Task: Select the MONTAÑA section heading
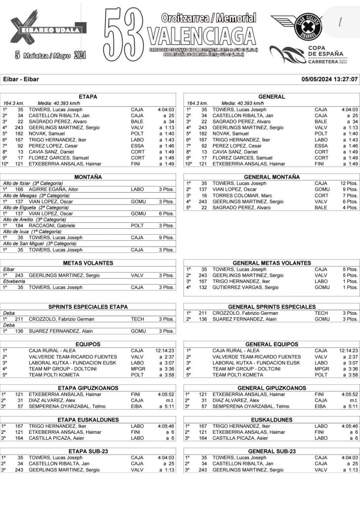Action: tap(88, 177)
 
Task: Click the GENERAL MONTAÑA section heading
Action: tap(271, 177)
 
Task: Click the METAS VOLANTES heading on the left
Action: tap(88, 263)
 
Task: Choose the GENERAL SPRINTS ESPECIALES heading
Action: tap(271, 306)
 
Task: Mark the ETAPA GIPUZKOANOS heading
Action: tap(88, 388)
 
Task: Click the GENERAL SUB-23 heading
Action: tap(271, 451)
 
